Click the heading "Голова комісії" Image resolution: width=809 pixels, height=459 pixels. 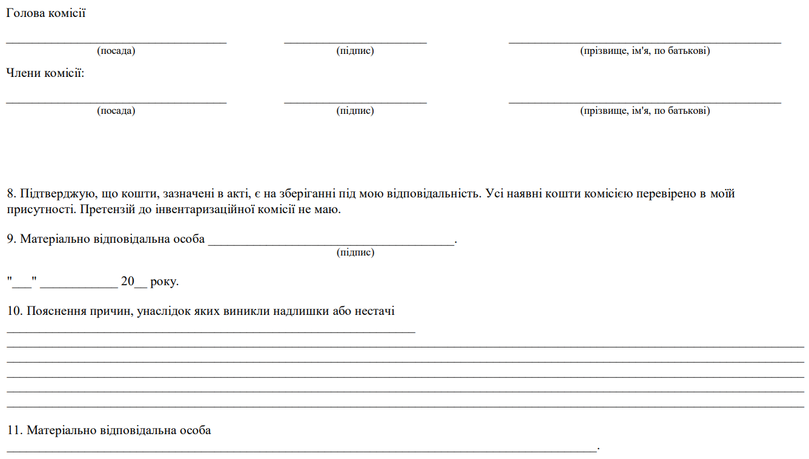45,13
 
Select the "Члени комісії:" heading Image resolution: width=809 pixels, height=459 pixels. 45,73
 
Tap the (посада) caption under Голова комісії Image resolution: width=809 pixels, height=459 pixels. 116,51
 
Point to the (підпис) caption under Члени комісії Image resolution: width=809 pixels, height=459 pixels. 355,111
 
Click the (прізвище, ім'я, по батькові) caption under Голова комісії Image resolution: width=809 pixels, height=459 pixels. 645,51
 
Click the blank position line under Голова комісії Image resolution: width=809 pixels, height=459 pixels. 116,42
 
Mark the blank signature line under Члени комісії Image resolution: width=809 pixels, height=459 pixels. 355,102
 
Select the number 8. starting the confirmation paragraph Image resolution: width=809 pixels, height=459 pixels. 12,194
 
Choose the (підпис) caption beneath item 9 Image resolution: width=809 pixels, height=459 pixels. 355,253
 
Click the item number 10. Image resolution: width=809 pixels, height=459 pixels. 14,312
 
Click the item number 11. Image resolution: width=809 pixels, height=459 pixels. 14,431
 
